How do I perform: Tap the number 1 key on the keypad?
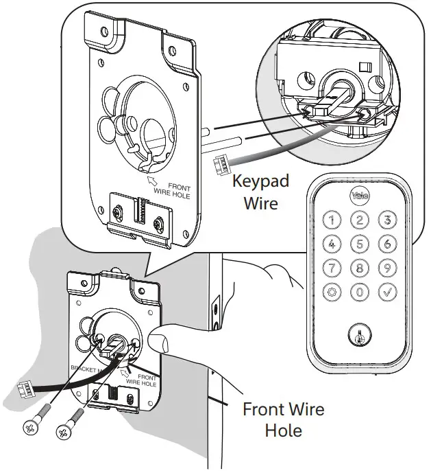click(332, 220)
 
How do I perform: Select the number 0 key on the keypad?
click(360, 291)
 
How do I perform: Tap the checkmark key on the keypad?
click(388, 291)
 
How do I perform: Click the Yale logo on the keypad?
click(360, 196)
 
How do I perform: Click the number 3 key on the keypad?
click(388, 220)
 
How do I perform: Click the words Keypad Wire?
click(260, 192)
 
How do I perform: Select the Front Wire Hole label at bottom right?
click(283, 420)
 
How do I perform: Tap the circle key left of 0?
click(332, 291)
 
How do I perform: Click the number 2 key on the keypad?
click(360, 220)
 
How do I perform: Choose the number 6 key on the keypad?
click(388, 244)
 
